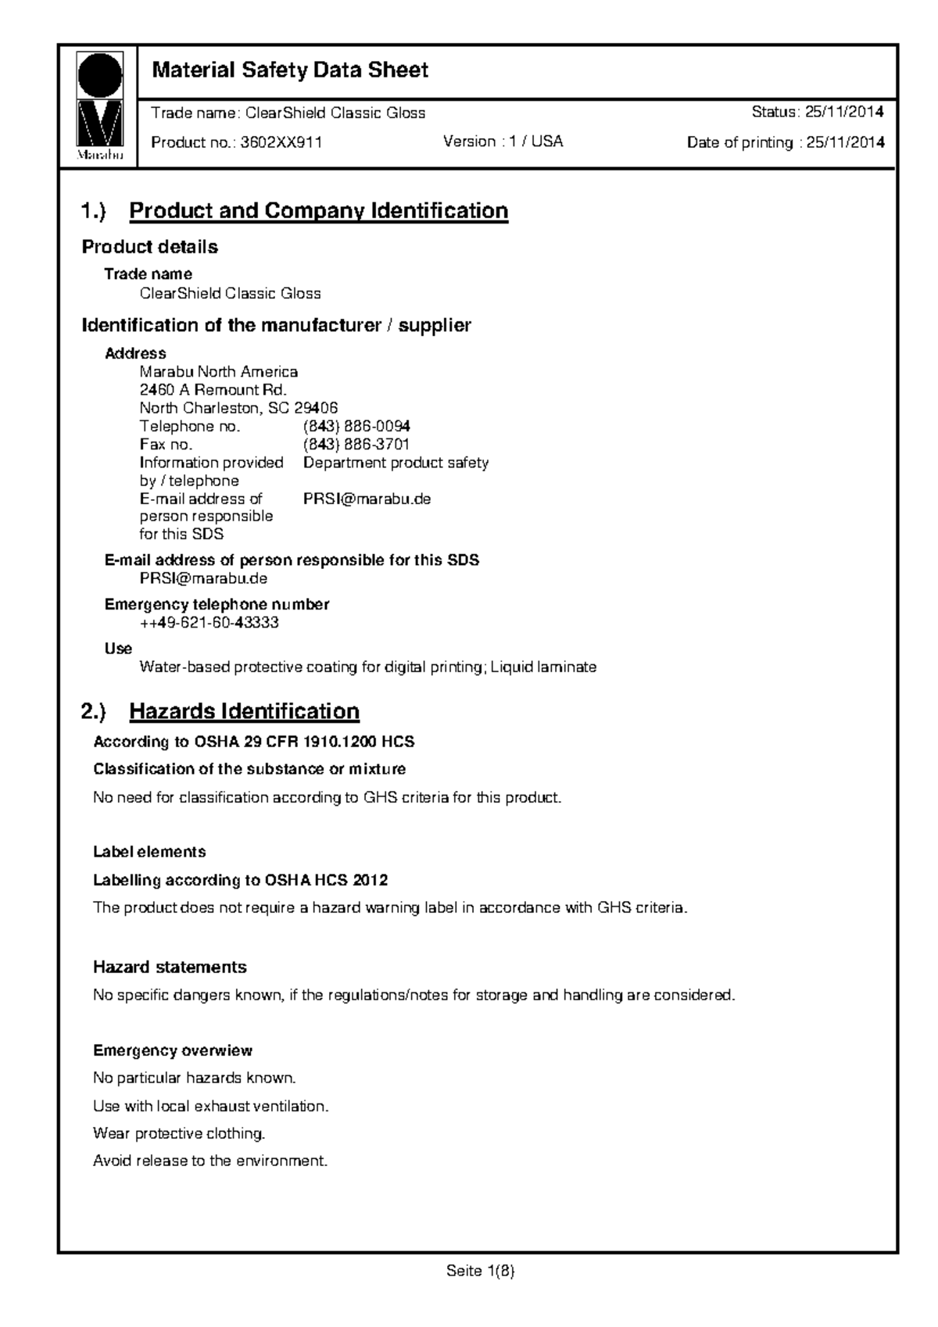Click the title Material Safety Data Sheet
click(x=290, y=71)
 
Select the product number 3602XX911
click(x=281, y=142)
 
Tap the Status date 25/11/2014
click(x=845, y=113)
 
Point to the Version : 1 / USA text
click(x=503, y=141)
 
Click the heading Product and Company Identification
click(x=318, y=211)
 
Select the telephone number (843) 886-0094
click(x=356, y=426)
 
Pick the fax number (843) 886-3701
click(x=356, y=445)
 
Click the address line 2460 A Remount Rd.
click(x=213, y=390)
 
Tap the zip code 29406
click(x=316, y=408)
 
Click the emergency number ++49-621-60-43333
click(x=209, y=623)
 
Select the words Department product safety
click(x=396, y=463)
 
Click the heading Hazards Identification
click(x=244, y=711)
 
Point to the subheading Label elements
click(x=149, y=852)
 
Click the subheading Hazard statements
click(x=170, y=968)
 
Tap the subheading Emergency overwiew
click(x=173, y=1050)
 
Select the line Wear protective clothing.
click(x=179, y=1133)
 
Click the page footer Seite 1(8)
click(x=480, y=1272)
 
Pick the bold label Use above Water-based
click(x=118, y=649)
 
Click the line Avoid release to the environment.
click(x=209, y=1161)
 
